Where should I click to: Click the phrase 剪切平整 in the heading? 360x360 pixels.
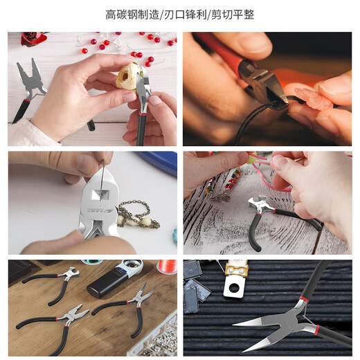[235, 15]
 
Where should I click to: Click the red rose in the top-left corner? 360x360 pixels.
[30, 38]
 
